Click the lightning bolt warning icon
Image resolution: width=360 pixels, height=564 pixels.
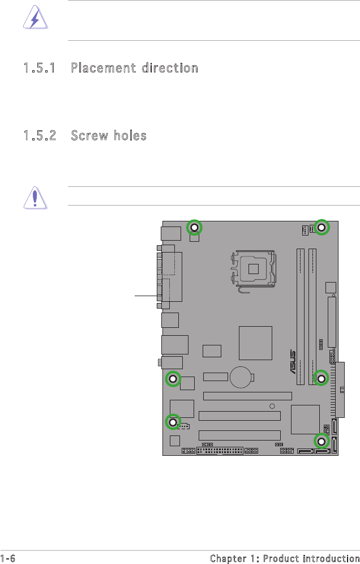tap(35, 18)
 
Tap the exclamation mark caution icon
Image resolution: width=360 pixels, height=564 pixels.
tap(35, 198)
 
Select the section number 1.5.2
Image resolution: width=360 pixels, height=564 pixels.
tap(40, 135)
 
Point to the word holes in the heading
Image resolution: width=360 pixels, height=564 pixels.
tap(130, 135)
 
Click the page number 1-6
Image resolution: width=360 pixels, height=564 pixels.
tap(8, 558)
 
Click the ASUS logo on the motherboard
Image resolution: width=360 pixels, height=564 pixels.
tap(293, 362)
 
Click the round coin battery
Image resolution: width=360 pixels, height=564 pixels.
tap(241, 377)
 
